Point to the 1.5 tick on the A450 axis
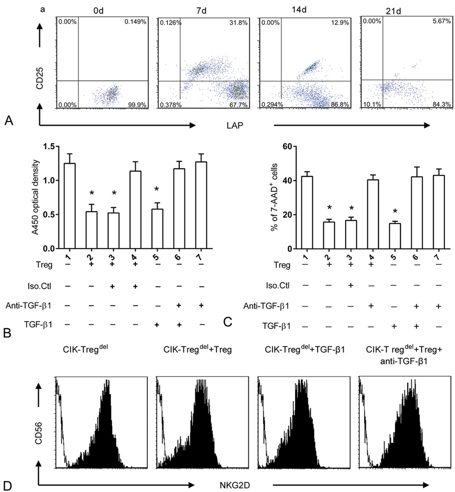49,146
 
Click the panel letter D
8,485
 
